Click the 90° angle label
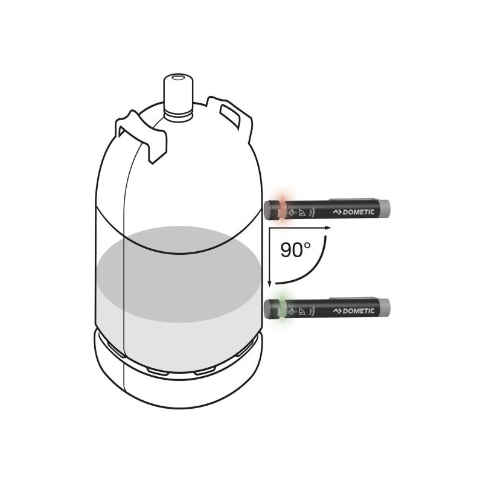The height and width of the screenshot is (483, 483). pyautogui.click(x=296, y=249)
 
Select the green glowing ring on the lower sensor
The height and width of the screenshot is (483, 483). pyautogui.click(x=281, y=309)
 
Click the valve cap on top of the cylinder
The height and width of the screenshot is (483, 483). pyautogui.click(x=178, y=91)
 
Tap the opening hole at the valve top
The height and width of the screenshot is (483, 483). pyautogui.click(x=178, y=78)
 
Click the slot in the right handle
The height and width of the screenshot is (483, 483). pyautogui.click(x=230, y=113)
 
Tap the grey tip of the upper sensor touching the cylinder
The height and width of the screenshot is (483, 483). pyautogui.click(x=269, y=208)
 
